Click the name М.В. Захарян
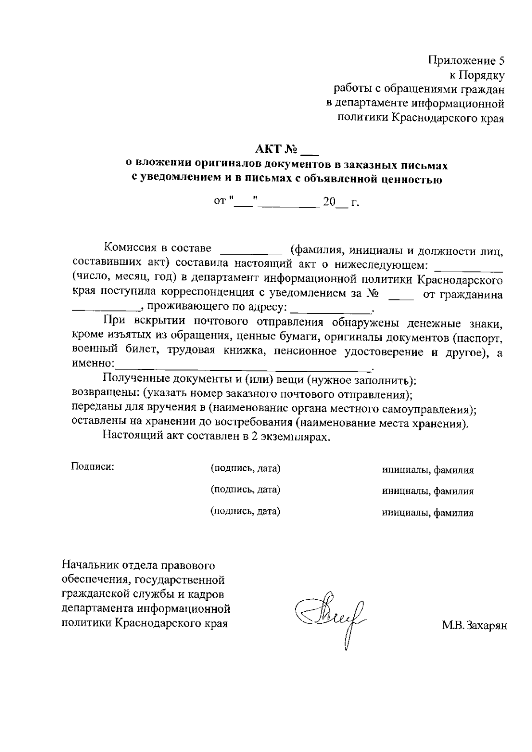pyautogui.click(x=474, y=626)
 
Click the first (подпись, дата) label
pyautogui.click(x=245, y=469)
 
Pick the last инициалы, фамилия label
pyautogui.click(x=428, y=513)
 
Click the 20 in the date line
pyautogui.click(x=329, y=203)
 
